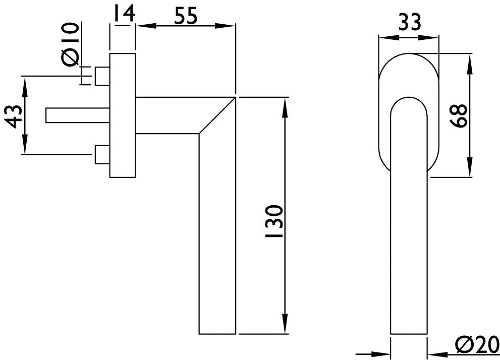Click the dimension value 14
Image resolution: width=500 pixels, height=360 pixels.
tap(123, 14)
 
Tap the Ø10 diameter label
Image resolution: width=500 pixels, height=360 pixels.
tap(70, 44)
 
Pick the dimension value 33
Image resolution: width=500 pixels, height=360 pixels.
tap(409, 23)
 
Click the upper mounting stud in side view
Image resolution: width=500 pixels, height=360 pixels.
tap(102, 76)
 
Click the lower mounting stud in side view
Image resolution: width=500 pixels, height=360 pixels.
tap(102, 154)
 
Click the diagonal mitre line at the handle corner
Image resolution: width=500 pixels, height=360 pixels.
tap(217, 115)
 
